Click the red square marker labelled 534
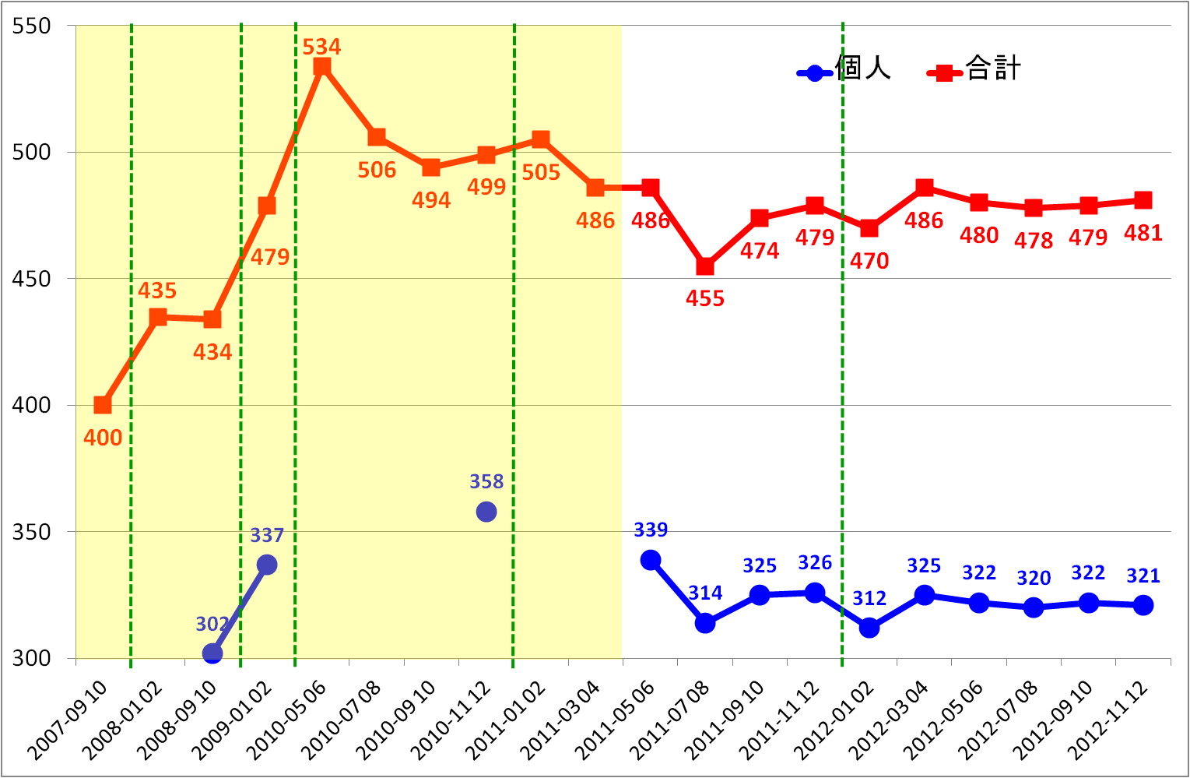[x=322, y=67]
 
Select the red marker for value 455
[x=705, y=266]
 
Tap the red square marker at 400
[x=103, y=405]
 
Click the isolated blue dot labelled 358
[x=486, y=512]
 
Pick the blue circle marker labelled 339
[x=651, y=560]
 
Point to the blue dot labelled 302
[x=212, y=653]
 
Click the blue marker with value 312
[x=869, y=628]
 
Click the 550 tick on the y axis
[x=32, y=26]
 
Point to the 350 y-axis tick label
[x=32, y=532]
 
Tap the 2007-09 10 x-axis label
[x=68, y=718]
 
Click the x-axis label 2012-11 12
[x=1108, y=718]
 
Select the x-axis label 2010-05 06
[x=287, y=718]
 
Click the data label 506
[x=377, y=170]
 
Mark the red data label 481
[x=1143, y=233]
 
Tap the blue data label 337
[x=267, y=536]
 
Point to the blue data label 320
[x=1034, y=579]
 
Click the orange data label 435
[x=157, y=291]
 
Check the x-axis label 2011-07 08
[x=670, y=718]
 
